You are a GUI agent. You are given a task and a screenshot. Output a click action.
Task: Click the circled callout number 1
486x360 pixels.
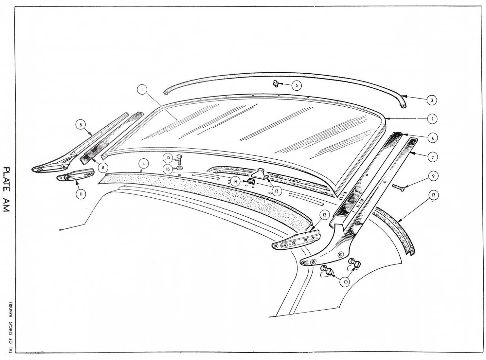142,89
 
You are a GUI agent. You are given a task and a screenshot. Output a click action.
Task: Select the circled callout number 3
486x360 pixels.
432,100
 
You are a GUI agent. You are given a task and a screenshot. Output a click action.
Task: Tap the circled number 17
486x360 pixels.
433,195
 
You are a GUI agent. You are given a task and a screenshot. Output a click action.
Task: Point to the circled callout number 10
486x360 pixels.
345,281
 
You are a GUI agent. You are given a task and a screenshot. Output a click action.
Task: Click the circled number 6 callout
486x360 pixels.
81,124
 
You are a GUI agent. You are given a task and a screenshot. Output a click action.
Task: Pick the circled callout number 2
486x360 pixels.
432,119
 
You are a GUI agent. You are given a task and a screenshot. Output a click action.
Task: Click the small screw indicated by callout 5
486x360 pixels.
276,84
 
